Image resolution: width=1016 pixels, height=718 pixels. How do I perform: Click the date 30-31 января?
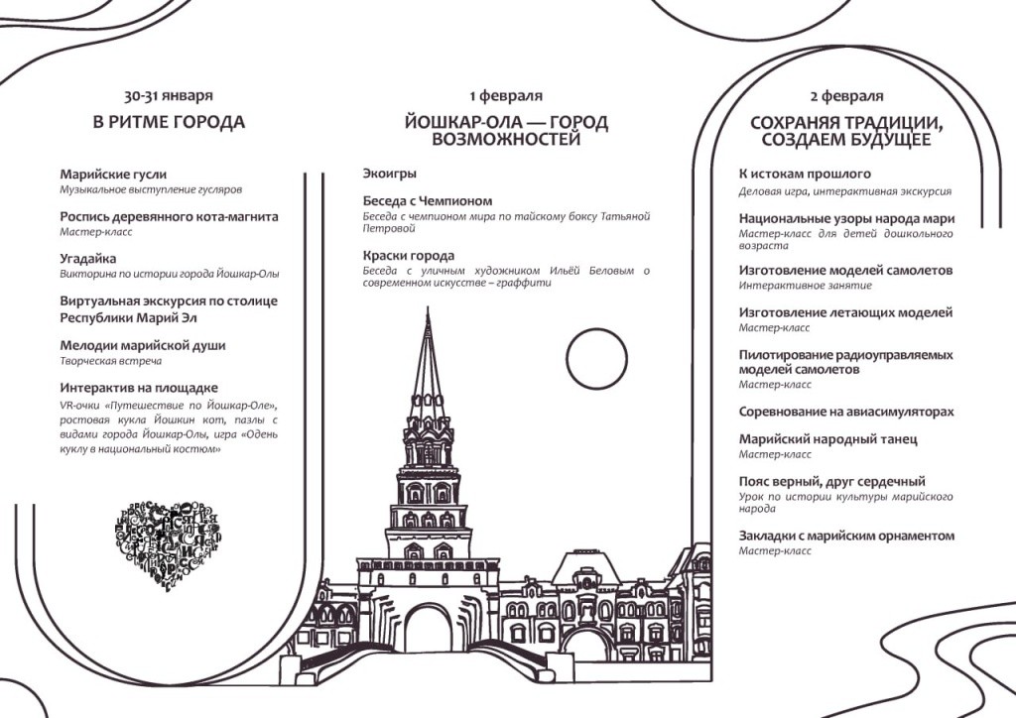click(x=168, y=96)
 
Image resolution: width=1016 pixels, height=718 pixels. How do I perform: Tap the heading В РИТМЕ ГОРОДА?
click(x=168, y=123)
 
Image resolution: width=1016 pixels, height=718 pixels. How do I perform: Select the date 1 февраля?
click(x=506, y=96)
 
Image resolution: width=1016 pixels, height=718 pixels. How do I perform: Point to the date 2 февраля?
click(x=846, y=96)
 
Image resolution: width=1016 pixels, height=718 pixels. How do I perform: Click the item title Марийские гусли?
click(x=113, y=174)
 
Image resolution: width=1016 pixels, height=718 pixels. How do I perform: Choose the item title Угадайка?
click(x=88, y=258)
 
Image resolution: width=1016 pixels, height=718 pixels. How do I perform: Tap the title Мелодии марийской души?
click(x=142, y=345)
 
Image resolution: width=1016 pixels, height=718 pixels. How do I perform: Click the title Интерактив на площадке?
click(x=138, y=388)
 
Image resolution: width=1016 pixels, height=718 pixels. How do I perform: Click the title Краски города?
click(x=408, y=255)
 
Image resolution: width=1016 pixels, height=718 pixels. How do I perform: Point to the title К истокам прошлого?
click(x=804, y=174)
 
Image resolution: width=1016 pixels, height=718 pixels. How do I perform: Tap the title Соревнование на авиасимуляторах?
click(x=846, y=412)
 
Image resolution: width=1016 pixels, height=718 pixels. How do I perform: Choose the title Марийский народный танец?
click(x=827, y=438)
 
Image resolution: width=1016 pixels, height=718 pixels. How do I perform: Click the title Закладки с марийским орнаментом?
click(x=846, y=536)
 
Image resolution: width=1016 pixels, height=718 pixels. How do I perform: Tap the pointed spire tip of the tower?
click(x=428, y=315)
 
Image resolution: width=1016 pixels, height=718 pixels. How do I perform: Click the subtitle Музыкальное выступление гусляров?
click(x=151, y=188)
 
